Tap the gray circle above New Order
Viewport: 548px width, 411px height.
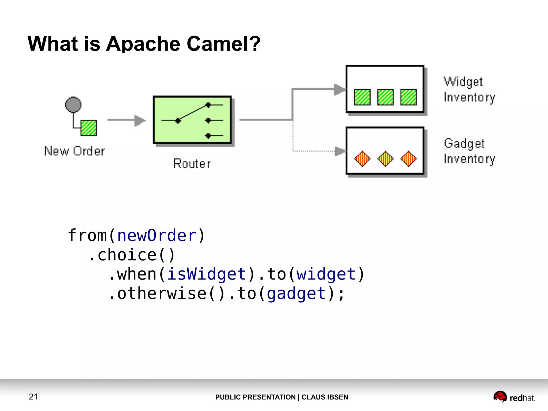tap(73, 104)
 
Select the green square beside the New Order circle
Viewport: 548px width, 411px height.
tap(89, 128)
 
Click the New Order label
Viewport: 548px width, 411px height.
tap(74, 151)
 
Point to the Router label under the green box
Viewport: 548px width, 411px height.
tap(192, 164)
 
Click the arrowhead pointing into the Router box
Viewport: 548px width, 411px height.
tap(140, 120)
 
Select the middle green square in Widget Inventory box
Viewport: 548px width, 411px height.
tap(385, 97)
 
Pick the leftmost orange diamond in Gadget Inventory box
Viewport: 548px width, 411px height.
tap(362, 159)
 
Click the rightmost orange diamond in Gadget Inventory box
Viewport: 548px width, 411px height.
tap(409, 159)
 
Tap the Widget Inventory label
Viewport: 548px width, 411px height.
tap(469, 89)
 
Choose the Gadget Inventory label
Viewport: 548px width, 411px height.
tap(469, 151)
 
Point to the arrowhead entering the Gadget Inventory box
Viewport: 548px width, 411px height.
tap(340, 151)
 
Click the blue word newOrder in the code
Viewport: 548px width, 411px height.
tap(157, 236)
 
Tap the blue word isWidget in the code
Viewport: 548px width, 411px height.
tap(207, 274)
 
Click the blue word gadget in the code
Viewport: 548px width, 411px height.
tap(296, 293)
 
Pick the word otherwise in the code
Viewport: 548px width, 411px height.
tap(162, 293)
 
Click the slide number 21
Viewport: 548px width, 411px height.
tap(33, 397)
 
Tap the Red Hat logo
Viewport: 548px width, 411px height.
tap(514, 397)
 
